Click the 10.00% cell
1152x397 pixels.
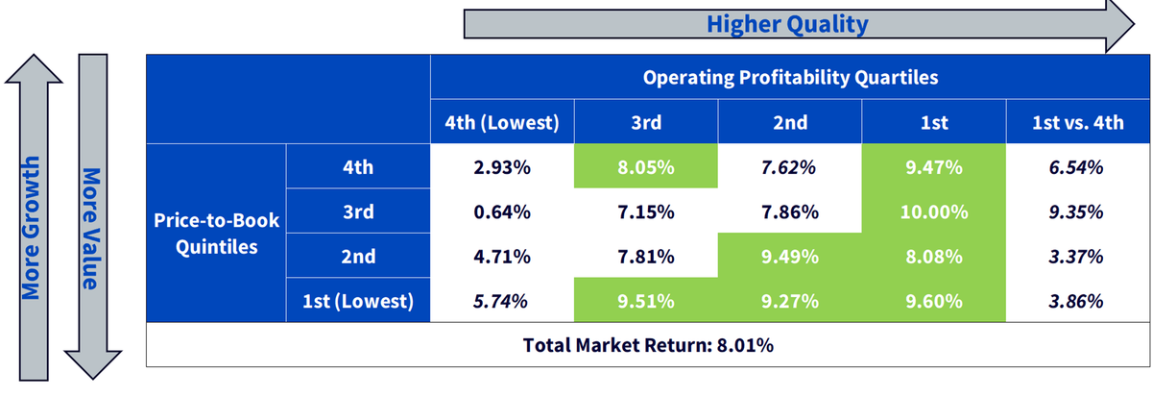pos(933,211)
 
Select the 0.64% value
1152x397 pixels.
pos(502,211)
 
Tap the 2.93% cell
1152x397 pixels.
pos(502,167)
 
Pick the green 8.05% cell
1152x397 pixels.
pos(646,166)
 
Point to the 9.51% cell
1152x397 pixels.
pos(646,301)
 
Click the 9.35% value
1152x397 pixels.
pos(1076,211)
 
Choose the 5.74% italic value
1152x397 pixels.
pos(500,301)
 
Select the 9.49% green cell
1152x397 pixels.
pos(790,256)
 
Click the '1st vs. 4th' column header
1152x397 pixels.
pos(1078,122)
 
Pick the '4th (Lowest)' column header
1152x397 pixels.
pos(502,122)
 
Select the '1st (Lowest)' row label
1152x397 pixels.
pos(358,301)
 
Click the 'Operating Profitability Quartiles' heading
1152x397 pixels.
pos(790,77)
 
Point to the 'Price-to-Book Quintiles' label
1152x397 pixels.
pos(217,234)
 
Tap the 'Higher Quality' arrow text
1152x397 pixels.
pos(787,24)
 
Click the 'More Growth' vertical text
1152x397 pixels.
pos(31,228)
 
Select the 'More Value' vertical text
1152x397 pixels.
pos(91,229)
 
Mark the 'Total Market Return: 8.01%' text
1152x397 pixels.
pos(648,345)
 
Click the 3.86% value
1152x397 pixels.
pos(1076,301)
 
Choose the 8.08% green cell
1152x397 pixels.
pos(933,256)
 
